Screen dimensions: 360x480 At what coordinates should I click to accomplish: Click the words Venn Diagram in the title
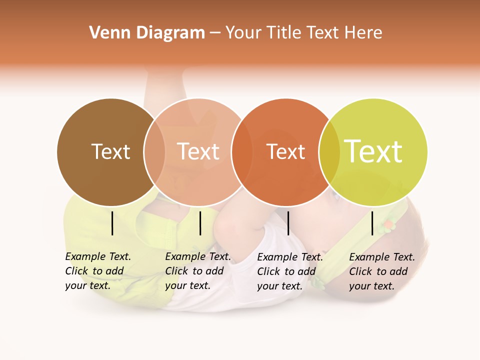click(x=147, y=33)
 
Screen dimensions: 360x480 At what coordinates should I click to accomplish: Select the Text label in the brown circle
click(x=110, y=151)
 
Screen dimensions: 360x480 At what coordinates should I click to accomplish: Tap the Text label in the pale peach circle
click(x=198, y=151)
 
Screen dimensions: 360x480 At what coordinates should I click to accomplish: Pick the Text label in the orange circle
click(x=285, y=151)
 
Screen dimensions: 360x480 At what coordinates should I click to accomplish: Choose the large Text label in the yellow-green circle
click(x=373, y=151)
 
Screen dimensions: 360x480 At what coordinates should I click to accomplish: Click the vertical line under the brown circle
click(x=112, y=223)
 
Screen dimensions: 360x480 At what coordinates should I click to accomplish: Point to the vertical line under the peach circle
click(x=200, y=223)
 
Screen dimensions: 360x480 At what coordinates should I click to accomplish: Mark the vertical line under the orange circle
click(x=288, y=223)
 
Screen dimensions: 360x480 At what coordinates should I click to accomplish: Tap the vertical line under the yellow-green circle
click(x=372, y=223)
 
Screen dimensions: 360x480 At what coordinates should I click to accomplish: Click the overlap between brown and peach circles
click(x=154, y=151)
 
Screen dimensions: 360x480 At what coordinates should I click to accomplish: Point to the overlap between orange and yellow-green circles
click(x=329, y=151)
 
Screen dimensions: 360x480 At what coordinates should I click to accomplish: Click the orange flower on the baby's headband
click(x=387, y=226)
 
